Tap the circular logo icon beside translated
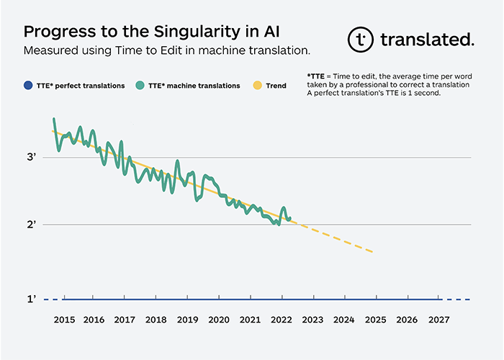click(x=359, y=40)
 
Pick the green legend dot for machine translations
click(x=140, y=86)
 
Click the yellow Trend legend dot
click(x=257, y=86)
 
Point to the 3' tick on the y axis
click(x=32, y=157)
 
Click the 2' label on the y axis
click(x=32, y=225)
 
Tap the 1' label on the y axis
click(x=32, y=299)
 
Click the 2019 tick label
click(x=187, y=319)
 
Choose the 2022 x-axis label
click(x=282, y=319)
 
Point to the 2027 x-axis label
click(x=438, y=319)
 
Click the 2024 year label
click(x=344, y=319)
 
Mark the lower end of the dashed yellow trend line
click(x=372, y=252)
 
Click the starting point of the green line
click(x=54, y=119)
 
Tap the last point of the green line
click(x=289, y=220)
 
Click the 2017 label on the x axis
click(x=125, y=319)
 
